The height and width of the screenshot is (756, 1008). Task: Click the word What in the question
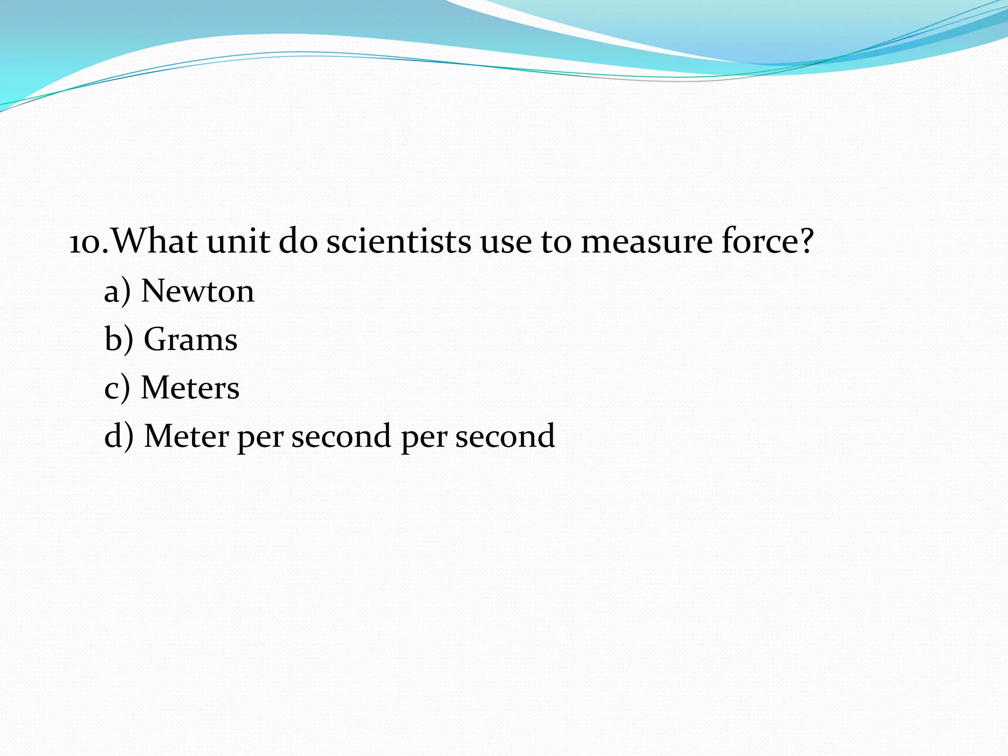coord(155,241)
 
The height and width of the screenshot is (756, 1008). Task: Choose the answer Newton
coord(198,291)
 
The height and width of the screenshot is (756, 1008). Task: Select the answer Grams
coord(190,340)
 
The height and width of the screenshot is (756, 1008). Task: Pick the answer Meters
coord(190,388)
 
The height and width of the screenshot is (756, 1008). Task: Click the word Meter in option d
coord(186,436)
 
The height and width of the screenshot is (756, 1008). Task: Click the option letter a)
coord(117,291)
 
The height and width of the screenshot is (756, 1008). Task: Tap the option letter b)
coord(119,340)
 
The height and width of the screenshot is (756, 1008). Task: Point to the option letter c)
coord(117,388)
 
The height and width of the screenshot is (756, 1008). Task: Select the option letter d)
coord(119,436)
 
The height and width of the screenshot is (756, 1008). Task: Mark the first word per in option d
coord(260,438)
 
